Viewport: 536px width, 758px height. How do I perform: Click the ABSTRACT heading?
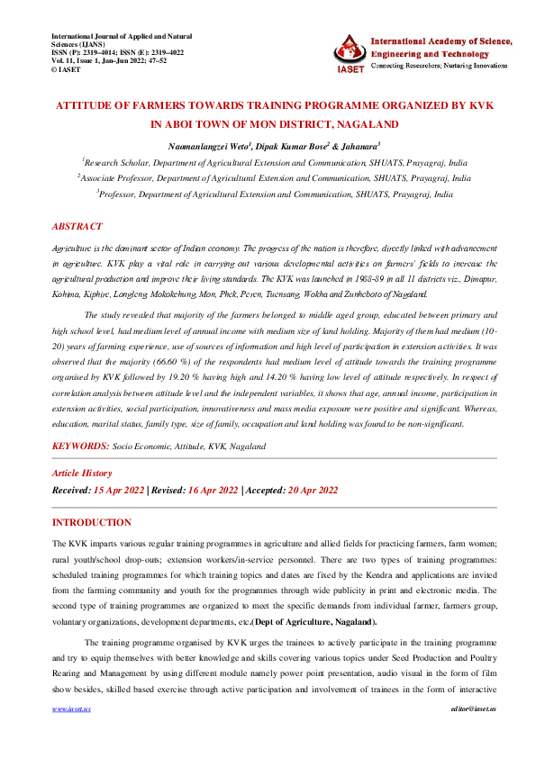77,227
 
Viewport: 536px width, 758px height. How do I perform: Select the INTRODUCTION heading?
91,523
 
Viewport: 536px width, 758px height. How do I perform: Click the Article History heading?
81,473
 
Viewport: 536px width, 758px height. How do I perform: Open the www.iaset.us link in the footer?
71,709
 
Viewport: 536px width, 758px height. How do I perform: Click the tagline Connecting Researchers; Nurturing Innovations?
441,67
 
